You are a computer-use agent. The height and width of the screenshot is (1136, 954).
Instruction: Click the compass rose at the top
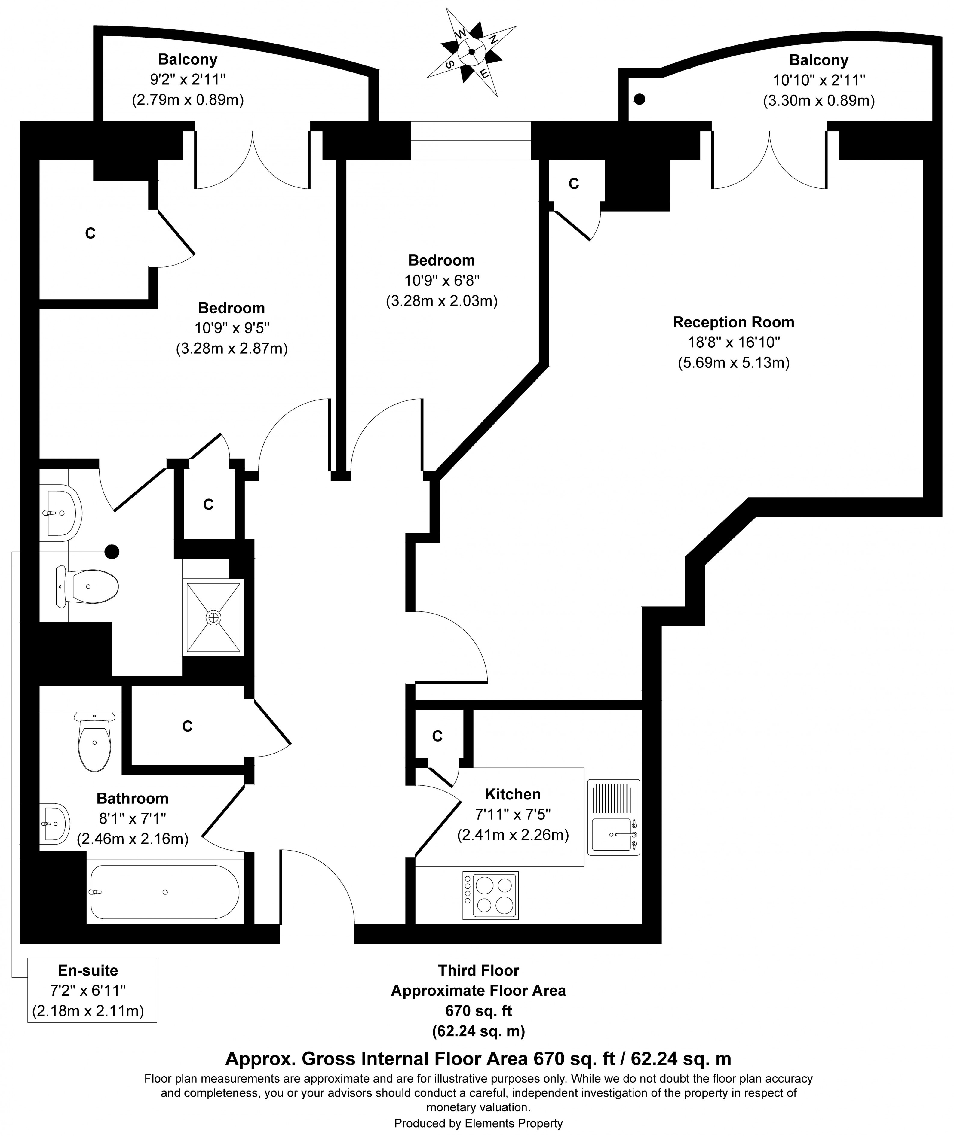471,52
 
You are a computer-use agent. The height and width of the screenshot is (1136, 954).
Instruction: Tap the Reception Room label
733,322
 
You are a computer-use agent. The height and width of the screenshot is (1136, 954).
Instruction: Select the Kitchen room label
512,794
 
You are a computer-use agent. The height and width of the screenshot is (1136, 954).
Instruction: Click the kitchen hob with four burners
490,895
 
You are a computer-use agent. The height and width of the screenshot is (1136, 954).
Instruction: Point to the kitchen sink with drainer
613,817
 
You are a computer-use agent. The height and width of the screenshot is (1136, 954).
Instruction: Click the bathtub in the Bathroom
164,892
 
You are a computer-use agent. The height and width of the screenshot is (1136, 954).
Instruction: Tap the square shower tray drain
213,617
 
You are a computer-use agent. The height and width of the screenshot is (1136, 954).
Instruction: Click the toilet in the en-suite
89,586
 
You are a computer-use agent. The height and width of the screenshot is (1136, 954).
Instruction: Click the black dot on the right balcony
640,99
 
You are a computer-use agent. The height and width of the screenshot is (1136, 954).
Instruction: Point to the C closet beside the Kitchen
437,736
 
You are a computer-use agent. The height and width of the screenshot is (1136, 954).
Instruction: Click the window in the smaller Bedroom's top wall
471,141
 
